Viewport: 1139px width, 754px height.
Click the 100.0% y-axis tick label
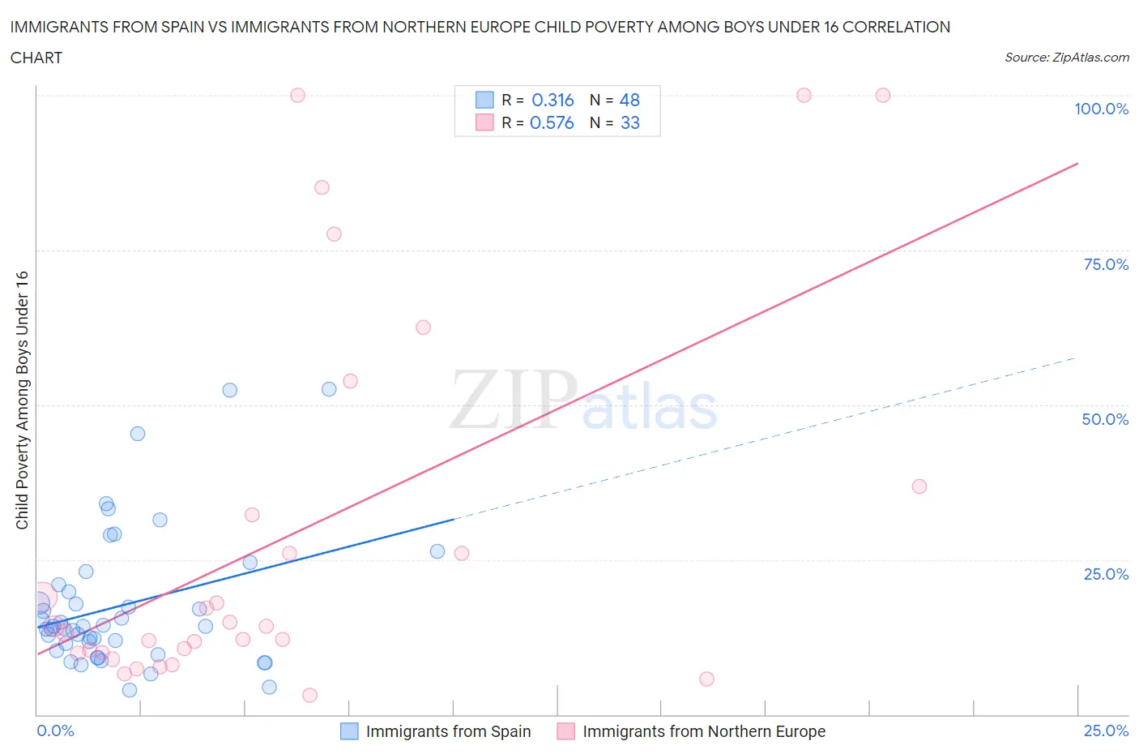click(1101, 109)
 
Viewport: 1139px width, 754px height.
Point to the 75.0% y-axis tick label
click(1106, 264)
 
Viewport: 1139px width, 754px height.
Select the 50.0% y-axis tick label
click(1105, 419)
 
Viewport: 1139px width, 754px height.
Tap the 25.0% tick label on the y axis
click(1106, 574)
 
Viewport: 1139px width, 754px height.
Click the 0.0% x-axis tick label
click(55, 730)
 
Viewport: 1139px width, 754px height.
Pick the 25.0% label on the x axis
click(1106, 730)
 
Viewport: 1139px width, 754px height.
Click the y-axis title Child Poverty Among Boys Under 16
click(22, 400)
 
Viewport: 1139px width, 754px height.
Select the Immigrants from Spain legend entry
click(436, 731)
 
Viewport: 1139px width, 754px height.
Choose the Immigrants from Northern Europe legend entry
click(692, 731)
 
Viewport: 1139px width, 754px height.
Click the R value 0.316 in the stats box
click(552, 100)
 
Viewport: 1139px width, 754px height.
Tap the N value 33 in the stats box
click(629, 122)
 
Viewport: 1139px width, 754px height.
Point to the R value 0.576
click(552, 122)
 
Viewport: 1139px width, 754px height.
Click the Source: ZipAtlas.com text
click(1066, 57)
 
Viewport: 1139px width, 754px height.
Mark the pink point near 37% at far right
click(919, 486)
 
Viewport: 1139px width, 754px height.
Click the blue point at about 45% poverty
click(138, 434)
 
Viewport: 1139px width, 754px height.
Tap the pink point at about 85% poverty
click(322, 187)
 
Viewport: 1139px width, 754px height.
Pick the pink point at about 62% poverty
click(423, 328)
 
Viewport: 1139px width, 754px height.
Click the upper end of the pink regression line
click(1077, 164)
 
